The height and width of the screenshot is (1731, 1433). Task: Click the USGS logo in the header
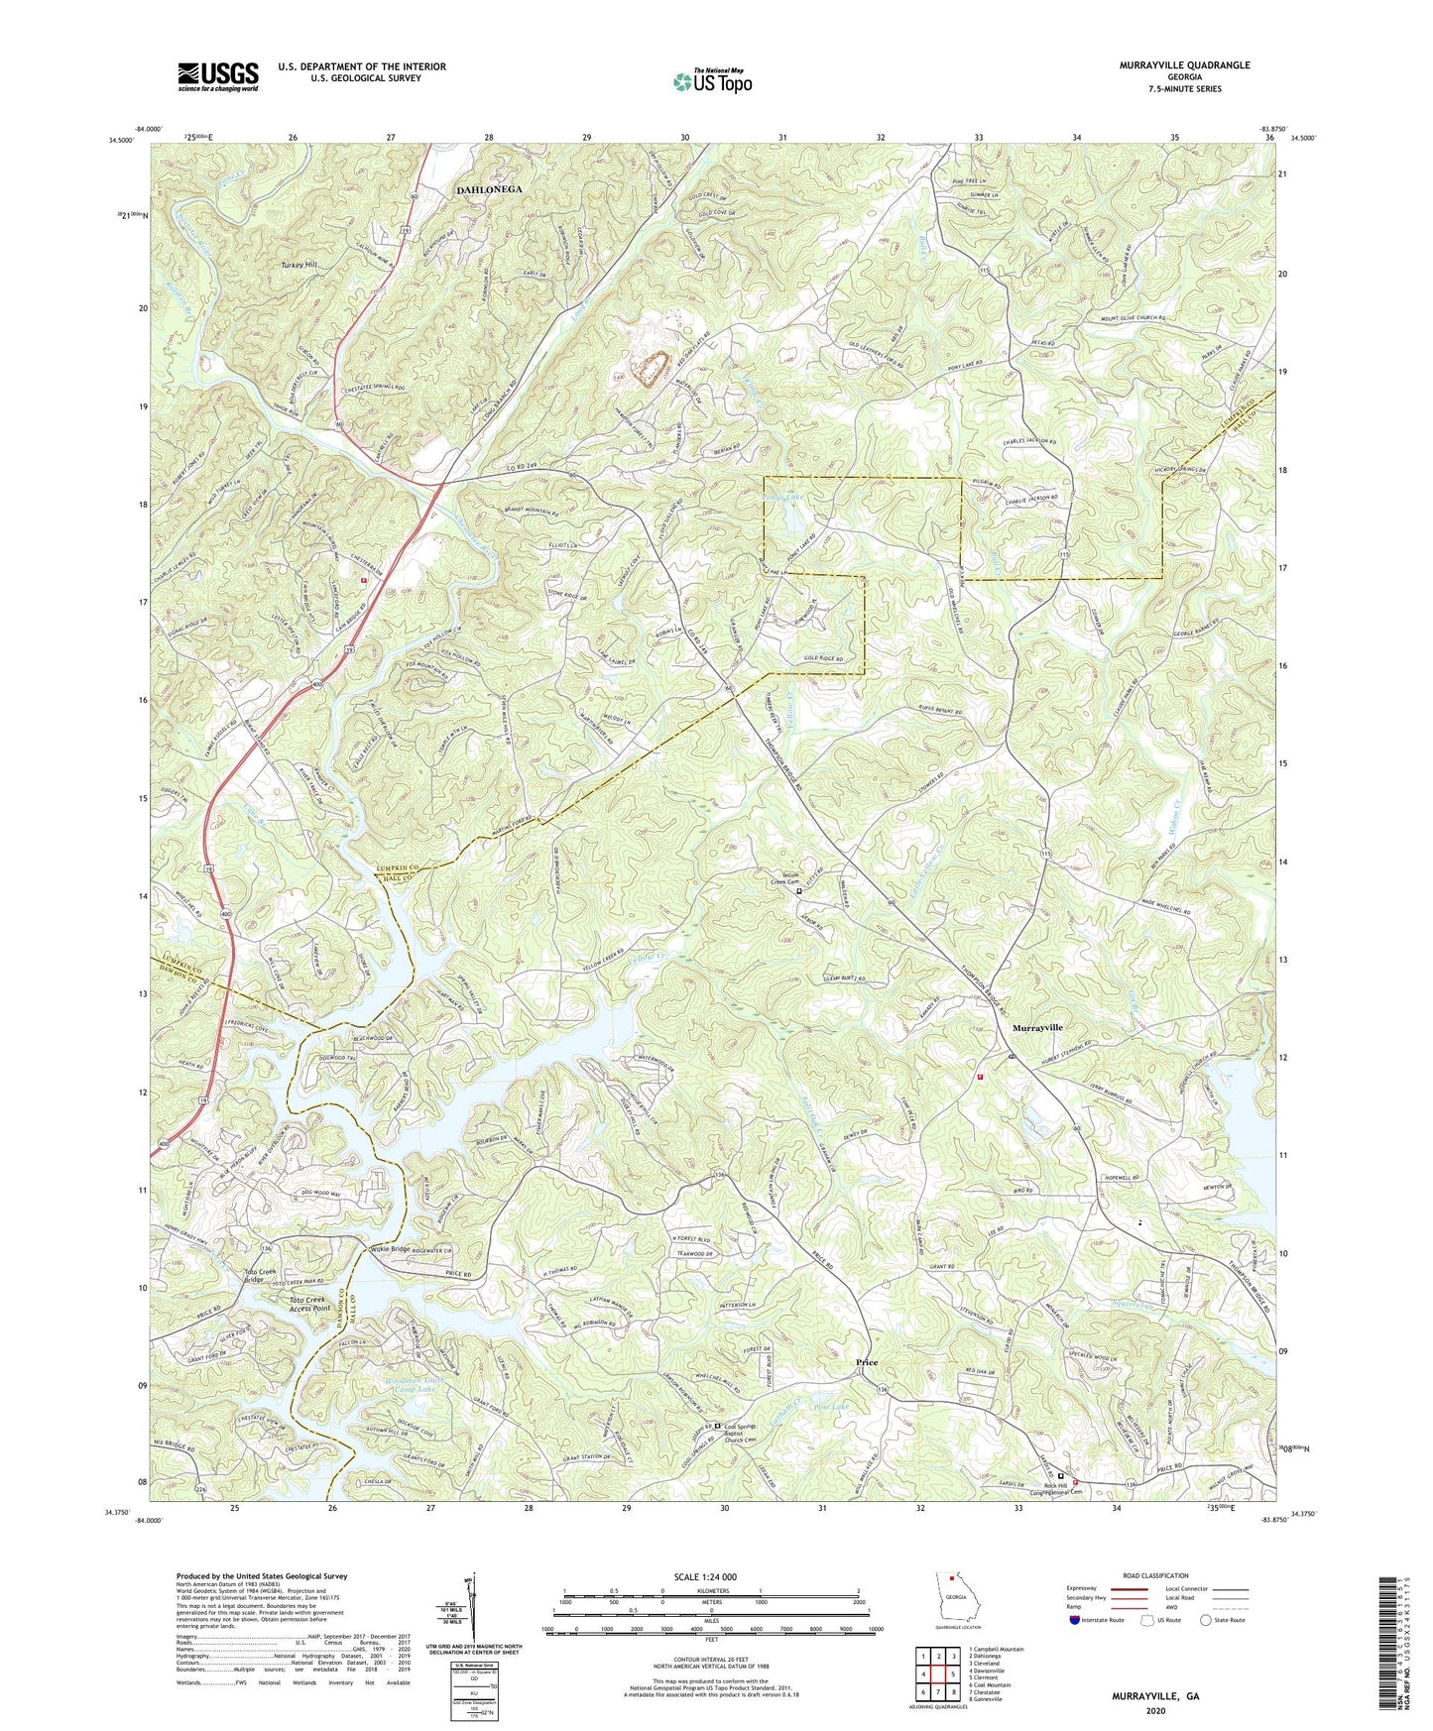pos(218,76)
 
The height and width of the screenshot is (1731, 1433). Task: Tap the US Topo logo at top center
pos(711,81)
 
